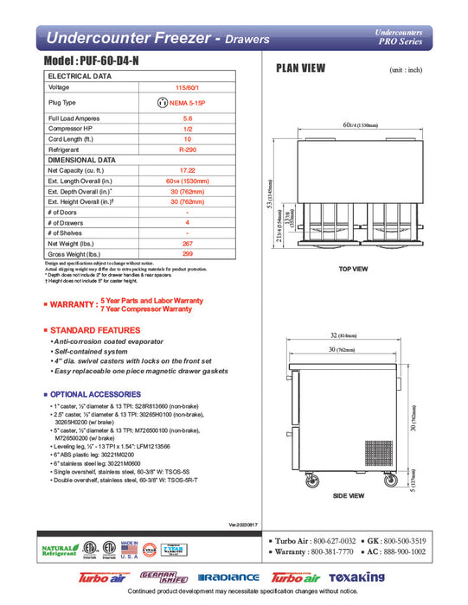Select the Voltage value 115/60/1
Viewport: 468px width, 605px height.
click(x=181, y=87)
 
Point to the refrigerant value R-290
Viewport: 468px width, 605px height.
click(x=181, y=150)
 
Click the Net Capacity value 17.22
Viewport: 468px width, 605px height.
click(x=181, y=171)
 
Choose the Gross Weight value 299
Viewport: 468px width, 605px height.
click(x=181, y=255)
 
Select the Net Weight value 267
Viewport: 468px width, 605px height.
click(x=181, y=245)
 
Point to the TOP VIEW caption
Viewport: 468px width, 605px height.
click(x=354, y=269)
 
